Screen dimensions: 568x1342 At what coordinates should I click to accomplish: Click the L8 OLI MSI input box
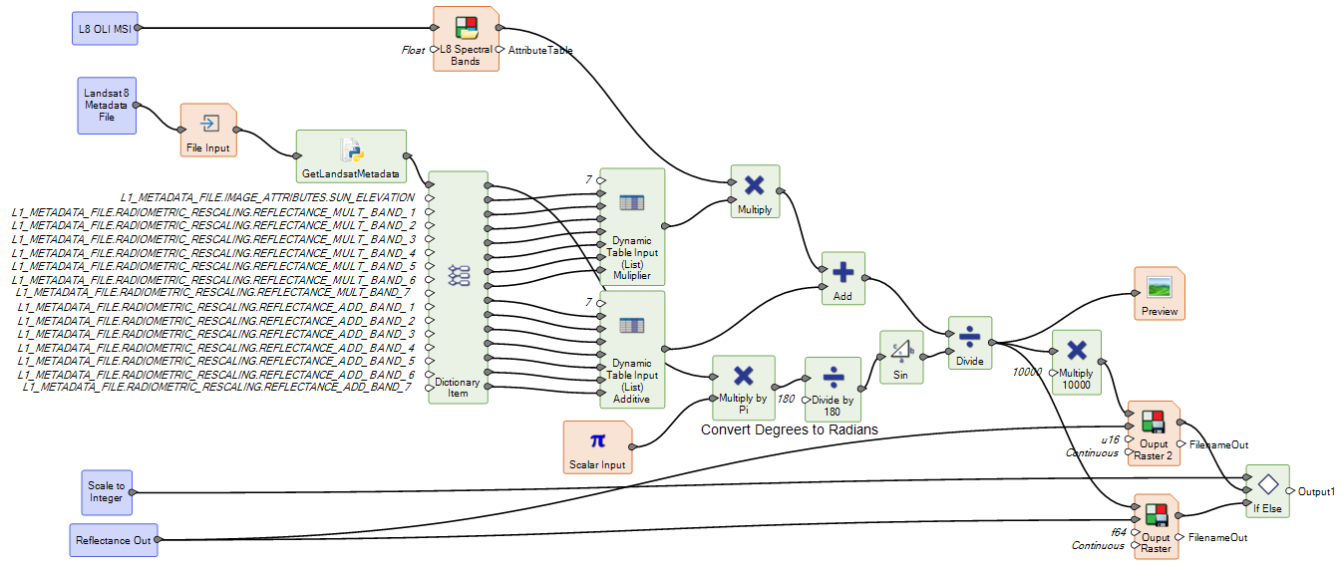(105, 29)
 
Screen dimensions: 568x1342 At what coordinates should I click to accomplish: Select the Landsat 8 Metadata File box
(106, 105)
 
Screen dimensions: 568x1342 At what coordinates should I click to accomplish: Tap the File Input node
(208, 132)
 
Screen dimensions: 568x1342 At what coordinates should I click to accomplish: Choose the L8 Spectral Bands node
(465, 39)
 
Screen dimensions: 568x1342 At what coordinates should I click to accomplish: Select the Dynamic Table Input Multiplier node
(631, 228)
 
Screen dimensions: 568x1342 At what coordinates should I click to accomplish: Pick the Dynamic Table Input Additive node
(631, 350)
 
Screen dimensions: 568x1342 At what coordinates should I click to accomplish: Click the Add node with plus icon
(841, 278)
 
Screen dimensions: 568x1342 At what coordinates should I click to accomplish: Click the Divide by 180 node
(832, 390)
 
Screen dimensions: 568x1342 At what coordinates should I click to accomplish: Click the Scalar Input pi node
(597, 447)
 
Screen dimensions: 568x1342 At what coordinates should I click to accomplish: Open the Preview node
(1159, 294)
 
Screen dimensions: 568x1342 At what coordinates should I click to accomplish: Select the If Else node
(1266, 491)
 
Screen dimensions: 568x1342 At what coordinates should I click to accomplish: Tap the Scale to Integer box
(105, 491)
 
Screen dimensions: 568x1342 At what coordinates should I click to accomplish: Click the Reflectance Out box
(115, 540)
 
